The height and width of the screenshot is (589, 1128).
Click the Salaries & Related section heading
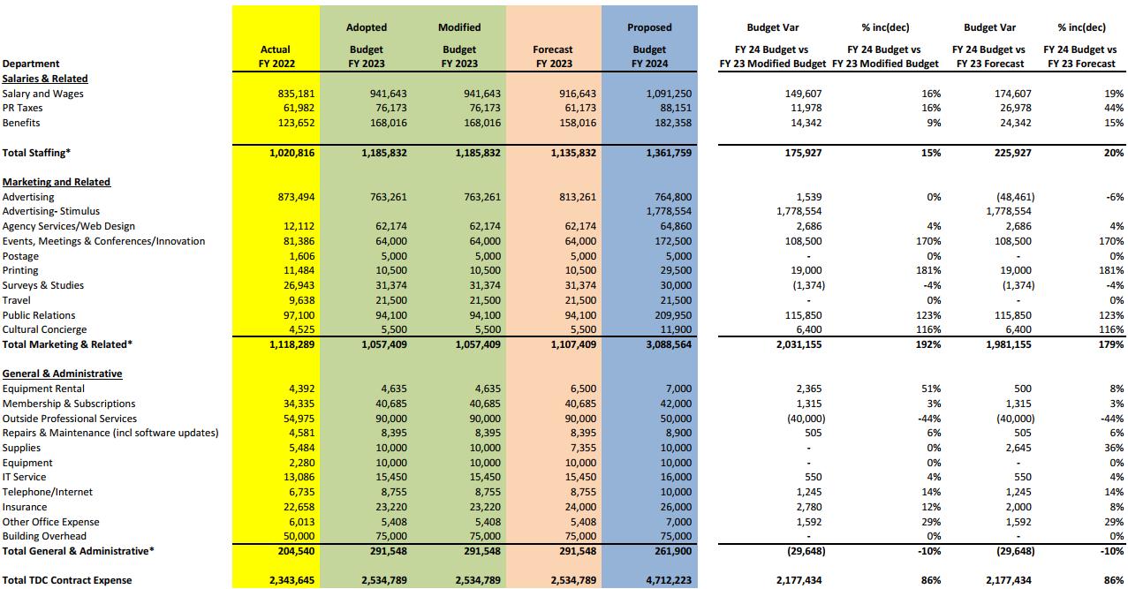pos(45,79)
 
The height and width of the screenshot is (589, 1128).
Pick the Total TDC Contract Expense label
pos(67,580)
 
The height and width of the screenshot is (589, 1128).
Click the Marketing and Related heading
pos(57,182)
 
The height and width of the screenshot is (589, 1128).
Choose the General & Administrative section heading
pos(62,374)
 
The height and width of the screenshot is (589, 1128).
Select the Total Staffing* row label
pos(36,153)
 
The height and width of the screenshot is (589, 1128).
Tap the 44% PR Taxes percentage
pos(1113,108)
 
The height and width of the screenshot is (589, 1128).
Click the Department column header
pos(31,64)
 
